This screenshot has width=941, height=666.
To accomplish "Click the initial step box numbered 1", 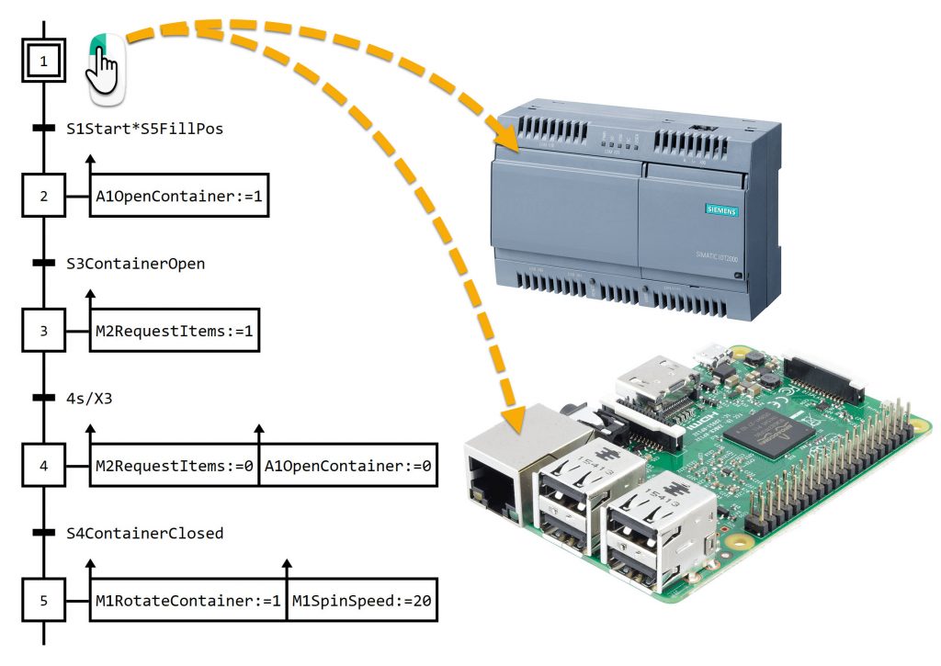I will pyautogui.click(x=43, y=62).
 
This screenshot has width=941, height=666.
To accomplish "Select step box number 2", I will pyautogui.click(x=43, y=195).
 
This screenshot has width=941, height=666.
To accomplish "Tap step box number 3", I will pyautogui.click(x=43, y=330).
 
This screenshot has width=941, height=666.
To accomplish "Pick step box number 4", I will pyautogui.click(x=43, y=466).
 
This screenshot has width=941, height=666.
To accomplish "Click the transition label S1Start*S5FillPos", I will pyautogui.click(x=144, y=129).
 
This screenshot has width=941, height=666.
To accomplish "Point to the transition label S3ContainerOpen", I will pyautogui.click(x=135, y=264).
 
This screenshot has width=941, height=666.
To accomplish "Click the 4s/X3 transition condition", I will pyautogui.click(x=89, y=398).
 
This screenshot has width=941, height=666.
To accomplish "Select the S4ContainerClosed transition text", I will pyautogui.click(x=144, y=533).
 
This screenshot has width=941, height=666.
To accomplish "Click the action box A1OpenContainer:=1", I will pyautogui.click(x=180, y=195).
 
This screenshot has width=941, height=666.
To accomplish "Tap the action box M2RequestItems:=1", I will pyautogui.click(x=175, y=330).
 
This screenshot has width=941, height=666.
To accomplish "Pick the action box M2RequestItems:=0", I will pyautogui.click(x=175, y=466).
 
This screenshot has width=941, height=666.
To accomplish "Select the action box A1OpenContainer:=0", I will pyautogui.click(x=348, y=466).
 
